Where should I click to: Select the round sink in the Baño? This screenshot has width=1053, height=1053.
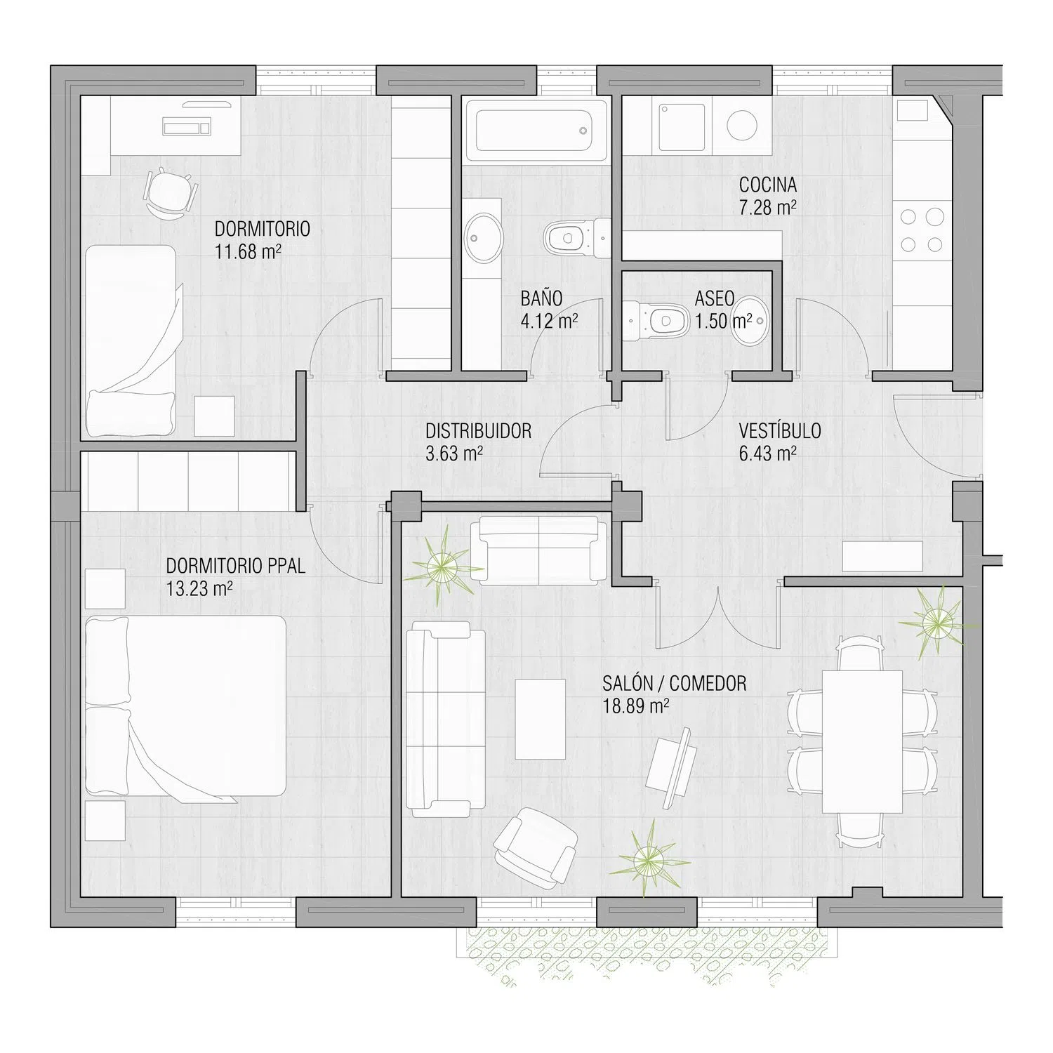point(484,238)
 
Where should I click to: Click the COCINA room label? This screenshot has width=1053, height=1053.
point(767,185)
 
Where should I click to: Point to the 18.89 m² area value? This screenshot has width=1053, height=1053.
point(635,706)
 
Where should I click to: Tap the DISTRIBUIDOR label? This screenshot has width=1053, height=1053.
point(478,430)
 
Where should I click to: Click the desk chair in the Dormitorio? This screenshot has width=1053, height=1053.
point(169,192)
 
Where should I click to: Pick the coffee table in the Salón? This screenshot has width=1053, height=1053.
point(541,719)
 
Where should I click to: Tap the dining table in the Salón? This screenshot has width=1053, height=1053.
point(862,741)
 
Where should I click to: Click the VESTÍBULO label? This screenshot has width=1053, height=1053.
point(780,430)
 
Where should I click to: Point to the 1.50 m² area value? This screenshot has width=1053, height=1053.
point(723,322)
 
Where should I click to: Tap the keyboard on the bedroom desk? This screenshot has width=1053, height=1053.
point(187,127)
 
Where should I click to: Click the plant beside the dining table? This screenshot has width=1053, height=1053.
point(936,621)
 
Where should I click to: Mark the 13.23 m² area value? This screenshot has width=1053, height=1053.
point(199,588)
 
